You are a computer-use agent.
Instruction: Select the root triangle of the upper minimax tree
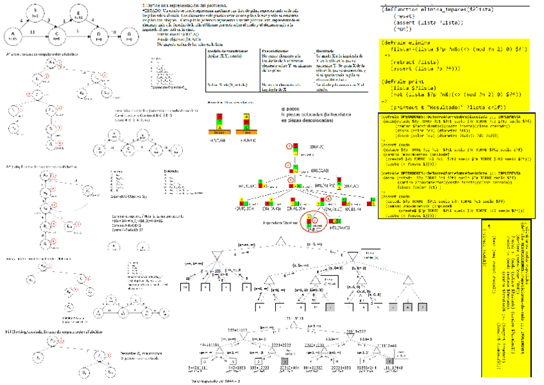click(x=280, y=241)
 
